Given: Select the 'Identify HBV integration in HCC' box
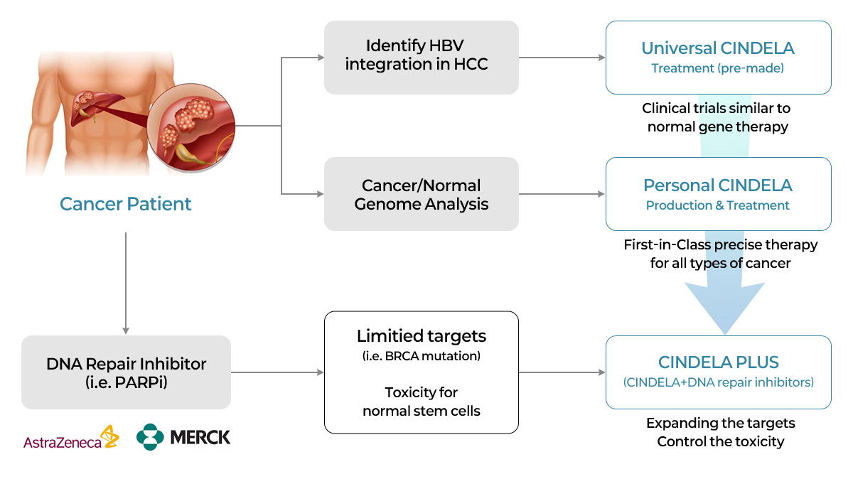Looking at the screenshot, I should tap(421, 58).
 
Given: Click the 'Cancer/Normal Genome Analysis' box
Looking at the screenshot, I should tap(421, 194).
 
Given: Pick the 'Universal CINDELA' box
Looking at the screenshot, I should tap(718, 58).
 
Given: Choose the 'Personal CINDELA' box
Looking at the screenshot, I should tap(718, 194).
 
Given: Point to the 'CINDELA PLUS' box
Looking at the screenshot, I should tap(718, 372).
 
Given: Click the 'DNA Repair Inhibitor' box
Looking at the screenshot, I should tap(126, 372).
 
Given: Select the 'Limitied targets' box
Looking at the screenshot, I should tap(421, 372).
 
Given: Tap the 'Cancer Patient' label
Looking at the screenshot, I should tap(126, 204).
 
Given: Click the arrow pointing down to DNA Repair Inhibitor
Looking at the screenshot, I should tap(126, 284).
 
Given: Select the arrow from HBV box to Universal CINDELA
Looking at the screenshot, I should tap(562, 58).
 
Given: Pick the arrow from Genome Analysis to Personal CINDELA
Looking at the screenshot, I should tap(562, 194).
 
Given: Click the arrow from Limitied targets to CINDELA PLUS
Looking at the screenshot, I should tap(562, 372).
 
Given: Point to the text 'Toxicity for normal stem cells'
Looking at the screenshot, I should tap(421, 402).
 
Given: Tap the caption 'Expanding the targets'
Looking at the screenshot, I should tap(720, 423).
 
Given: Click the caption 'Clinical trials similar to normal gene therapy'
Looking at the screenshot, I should tap(717, 118).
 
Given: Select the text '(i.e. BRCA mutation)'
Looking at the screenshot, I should tap(421, 356).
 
